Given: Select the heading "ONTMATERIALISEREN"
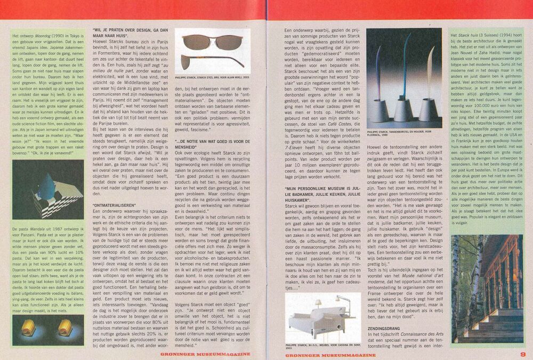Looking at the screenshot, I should [x=112, y=205].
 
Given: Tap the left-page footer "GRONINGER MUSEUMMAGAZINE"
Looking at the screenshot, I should [x=205, y=354].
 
